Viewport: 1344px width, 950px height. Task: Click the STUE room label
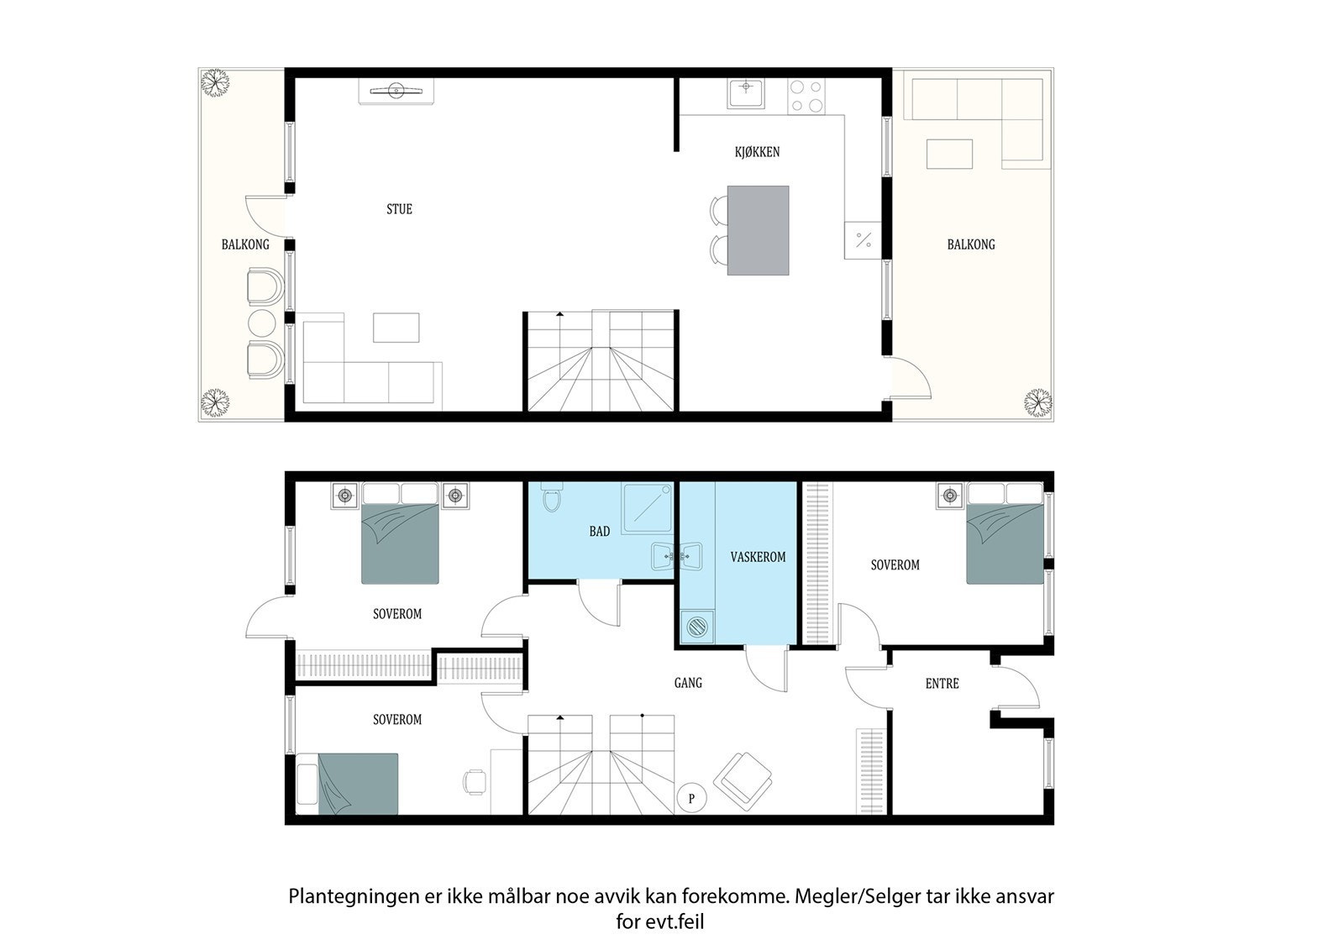tap(399, 209)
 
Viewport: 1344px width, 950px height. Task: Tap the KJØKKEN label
tap(757, 152)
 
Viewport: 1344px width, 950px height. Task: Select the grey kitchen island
tap(758, 230)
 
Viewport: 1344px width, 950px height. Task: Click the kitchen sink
tap(746, 93)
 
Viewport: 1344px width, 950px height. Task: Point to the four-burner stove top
tap(806, 96)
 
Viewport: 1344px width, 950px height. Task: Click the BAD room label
tap(600, 531)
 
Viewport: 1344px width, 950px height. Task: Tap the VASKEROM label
tap(758, 557)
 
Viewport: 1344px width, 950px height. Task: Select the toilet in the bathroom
tap(551, 497)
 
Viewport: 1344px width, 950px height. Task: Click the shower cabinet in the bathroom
tap(647, 507)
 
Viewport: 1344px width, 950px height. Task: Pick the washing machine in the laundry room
tap(696, 627)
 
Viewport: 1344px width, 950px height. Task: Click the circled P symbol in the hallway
tap(691, 798)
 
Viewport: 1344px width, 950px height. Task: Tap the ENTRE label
tap(942, 683)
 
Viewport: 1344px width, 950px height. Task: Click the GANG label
tap(688, 682)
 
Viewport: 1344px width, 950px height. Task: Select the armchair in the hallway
tap(743, 779)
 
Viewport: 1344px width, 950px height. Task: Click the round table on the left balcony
tap(261, 323)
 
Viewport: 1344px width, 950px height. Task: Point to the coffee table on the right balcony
tap(949, 155)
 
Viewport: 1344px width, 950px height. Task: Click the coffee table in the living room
tap(396, 328)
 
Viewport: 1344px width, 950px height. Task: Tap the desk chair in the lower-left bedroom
tap(475, 782)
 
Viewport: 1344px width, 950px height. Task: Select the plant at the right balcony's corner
tap(1037, 402)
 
